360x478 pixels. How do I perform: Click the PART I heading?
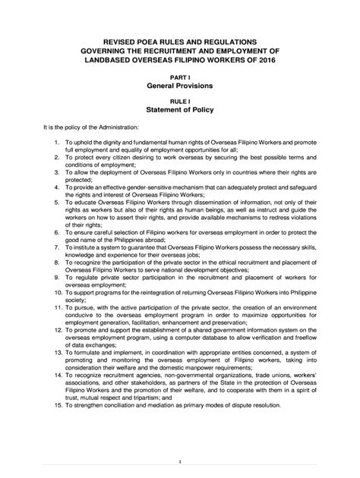[x=180, y=77]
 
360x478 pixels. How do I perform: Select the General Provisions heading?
[x=180, y=87]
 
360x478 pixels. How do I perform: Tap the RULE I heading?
[x=180, y=101]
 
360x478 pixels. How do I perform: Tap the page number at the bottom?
[x=180, y=460]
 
